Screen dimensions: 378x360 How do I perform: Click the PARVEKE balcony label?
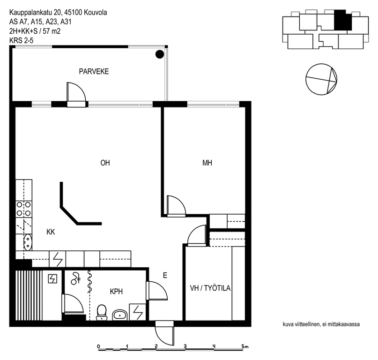(94, 71)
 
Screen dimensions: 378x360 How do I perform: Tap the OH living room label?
(105, 163)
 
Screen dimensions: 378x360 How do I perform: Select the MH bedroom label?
(208, 163)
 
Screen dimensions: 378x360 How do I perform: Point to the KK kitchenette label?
(51, 232)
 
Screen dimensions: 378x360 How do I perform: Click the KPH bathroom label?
(116, 292)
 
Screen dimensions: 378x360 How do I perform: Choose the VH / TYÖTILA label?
(210, 288)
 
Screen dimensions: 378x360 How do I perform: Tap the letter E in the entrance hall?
(165, 275)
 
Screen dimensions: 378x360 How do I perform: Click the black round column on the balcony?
(160, 54)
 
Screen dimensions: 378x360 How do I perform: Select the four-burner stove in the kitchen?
(23, 209)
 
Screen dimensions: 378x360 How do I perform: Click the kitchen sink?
(28, 242)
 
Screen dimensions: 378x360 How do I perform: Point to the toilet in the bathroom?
(102, 313)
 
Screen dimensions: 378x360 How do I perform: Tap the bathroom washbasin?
(120, 315)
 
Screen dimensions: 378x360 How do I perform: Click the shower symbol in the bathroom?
(75, 278)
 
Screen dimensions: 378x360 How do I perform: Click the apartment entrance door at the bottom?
(164, 333)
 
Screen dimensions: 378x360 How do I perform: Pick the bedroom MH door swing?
(176, 206)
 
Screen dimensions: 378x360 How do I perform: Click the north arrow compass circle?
(321, 79)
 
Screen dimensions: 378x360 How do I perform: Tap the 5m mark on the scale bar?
(245, 347)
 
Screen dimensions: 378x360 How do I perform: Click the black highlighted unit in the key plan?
(343, 20)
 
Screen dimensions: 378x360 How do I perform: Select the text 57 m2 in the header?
(52, 31)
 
